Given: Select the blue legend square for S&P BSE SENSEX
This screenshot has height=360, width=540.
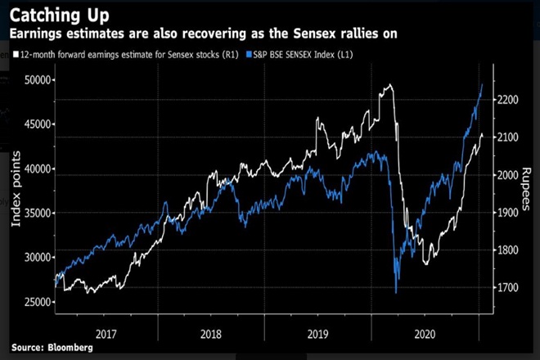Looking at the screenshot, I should click(272, 53).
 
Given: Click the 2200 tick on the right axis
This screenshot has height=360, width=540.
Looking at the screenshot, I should click(510, 100).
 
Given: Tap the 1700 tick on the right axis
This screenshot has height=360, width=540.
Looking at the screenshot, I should click(510, 288).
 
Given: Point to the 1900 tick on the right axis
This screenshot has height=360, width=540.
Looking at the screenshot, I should click(510, 213).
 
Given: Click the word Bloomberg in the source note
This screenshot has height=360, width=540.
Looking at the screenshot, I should click(69, 349).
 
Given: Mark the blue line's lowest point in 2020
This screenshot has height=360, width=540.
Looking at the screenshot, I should click(396, 292).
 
